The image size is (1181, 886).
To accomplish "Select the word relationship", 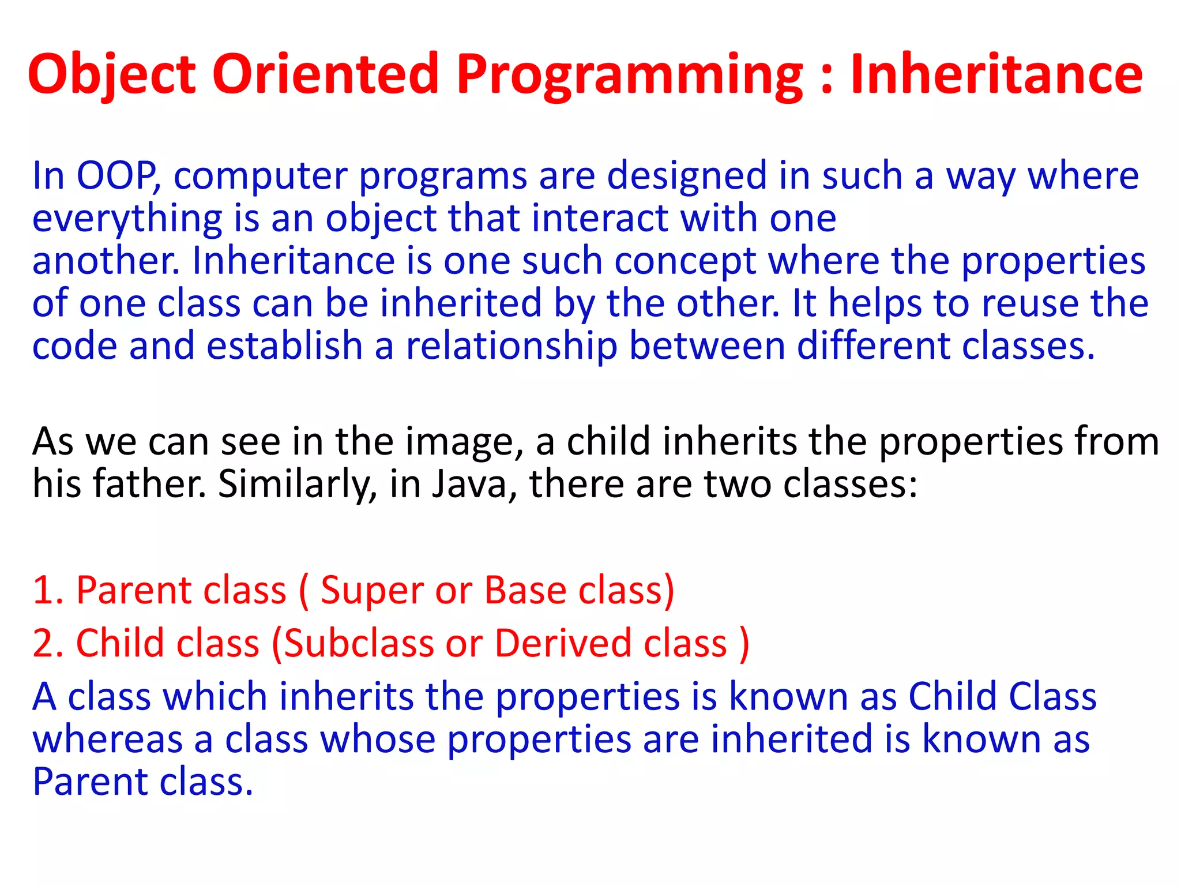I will tap(511, 346).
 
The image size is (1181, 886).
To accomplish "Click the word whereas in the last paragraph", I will tap(107, 741).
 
